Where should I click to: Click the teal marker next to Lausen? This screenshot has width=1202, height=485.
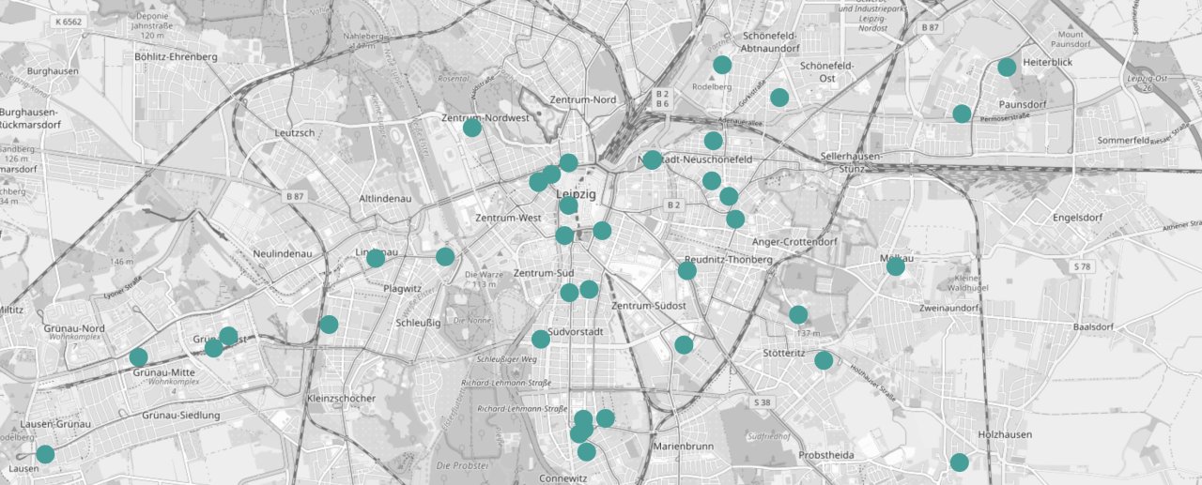pyautogui.click(x=45, y=454)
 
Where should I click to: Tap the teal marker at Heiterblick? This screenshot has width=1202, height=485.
pyautogui.click(x=1007, y=67)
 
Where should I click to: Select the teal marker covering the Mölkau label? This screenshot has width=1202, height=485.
pyautogui.click(x=895, y=266)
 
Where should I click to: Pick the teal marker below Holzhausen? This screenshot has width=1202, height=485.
pyautogui.click(x=959, y=462)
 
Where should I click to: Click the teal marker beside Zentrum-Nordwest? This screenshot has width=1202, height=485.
pyautogui.click(x=472, y=127)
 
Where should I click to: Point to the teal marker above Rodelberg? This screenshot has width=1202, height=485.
pyautogui.click(x=722, y=65)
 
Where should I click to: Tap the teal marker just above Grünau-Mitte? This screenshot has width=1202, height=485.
pyautogui.click(x=138, y=356)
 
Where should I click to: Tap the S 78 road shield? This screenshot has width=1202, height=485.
pyautogui.click(x=1083, y=267)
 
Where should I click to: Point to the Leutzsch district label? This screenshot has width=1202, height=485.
pyautogui.click(x=294, y=133)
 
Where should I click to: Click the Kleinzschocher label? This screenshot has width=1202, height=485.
pyautogui.click(x=341, y=398)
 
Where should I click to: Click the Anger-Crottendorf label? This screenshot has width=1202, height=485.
pyautogui.click(x=794, y=241)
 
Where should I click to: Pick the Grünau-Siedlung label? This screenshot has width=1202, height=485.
pyautogui.click(x=180, y=415)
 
